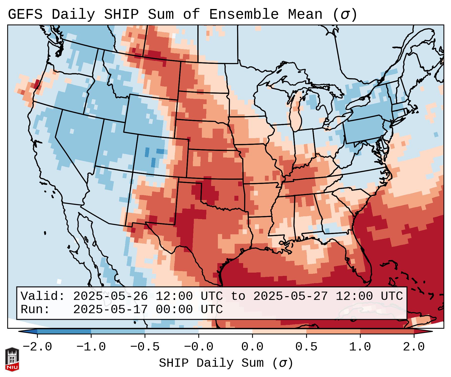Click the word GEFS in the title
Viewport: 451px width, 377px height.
tap(25, 15)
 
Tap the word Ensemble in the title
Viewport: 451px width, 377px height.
tap(244, 15)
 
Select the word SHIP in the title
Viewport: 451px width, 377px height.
tap(121, 15)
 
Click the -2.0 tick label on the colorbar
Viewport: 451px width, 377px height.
tap(37, 347)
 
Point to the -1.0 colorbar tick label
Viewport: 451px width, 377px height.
tap(91, 347)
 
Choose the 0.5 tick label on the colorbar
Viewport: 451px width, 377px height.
tap(306, 347)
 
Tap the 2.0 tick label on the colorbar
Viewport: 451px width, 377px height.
tap(414, 347)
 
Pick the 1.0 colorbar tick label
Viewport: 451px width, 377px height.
tap(360, 347)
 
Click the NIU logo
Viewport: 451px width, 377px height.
tap(12, 359)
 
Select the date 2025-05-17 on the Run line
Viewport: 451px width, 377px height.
tap(111, 309)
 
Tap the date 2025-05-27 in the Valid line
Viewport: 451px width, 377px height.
tap(291, 296)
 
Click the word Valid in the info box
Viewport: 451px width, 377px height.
tap(43, 296)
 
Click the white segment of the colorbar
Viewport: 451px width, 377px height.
tap(225, 331)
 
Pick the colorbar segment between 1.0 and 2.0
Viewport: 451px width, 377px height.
tap(387, 331)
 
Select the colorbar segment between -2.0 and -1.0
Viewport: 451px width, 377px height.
tap(64, 331)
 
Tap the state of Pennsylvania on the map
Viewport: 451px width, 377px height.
tap(364, 130)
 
